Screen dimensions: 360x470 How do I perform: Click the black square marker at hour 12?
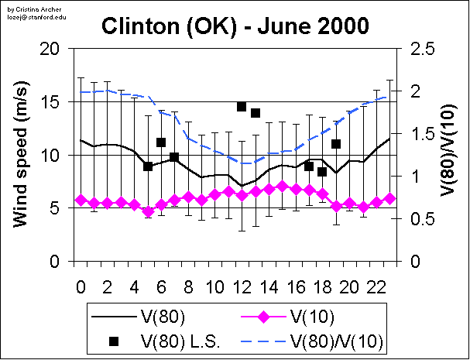coord(242,107)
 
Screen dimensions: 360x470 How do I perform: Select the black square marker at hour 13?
coord(255,113)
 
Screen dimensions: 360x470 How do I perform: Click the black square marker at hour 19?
coord(336,144)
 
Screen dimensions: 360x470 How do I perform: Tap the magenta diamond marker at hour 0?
coord(81,201)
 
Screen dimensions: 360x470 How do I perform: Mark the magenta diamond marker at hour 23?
coord(390,199)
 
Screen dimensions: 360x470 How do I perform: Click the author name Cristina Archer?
coord(33,5)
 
